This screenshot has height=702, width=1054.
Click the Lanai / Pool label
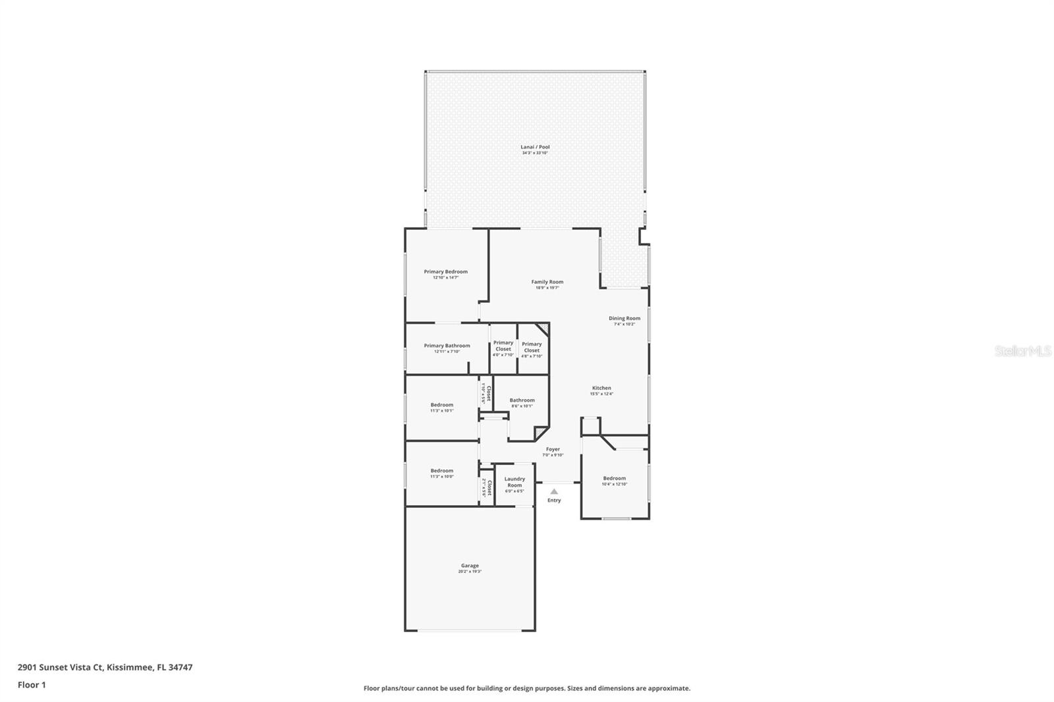pyautogui.click(x=535, y=148)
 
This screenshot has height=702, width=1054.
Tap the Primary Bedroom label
pyautogui.click(x=445, y=272)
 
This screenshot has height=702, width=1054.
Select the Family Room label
pyautogui.click(x=547, y=283)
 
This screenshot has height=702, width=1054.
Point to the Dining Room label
pyautogui.click(x=624, y=319)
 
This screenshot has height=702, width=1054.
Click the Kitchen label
pyautogui.click(x=601, y=389)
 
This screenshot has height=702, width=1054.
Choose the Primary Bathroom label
pyautogui.click(x=447, y=346)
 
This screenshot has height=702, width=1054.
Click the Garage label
pyautogui.click(x=470, y=566)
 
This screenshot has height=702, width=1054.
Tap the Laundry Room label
pyautogui.click(x=514, y=482)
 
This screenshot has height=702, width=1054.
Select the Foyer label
pyautogui.click(x=553, y=450)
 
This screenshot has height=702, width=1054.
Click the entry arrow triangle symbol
pyautogui.click(x=554, y=491)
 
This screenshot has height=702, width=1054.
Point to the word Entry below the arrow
pyautogui.click(x=554, y=500)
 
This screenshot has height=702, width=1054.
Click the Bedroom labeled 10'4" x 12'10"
pyautogui.click(x=614, y=479)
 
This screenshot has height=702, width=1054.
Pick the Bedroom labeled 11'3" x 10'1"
pyautogui.click(x=441, y=405)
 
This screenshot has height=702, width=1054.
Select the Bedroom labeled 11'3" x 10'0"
pyautogui.click(x=441, y=471)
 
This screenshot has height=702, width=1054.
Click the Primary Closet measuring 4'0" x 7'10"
pyautogui.click(x=503, y=346)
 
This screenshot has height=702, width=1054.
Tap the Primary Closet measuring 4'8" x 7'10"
pyautogui.click(x=532, y=348)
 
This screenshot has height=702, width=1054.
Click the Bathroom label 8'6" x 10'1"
pyautogui.click(x=522, y=400)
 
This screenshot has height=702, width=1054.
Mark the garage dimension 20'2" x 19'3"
pyautogui.click(x=470, y=572)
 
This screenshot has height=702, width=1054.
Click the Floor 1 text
pyautogui.click(x=32, y=685)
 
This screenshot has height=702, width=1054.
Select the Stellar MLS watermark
pyautogui.click(x=1022, y=352)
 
